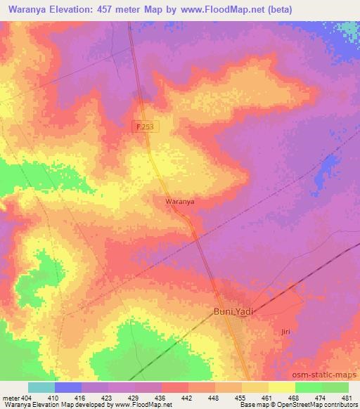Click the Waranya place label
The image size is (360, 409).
pos(179,202)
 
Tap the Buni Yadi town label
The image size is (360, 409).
pos(233,311)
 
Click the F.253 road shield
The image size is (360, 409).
pos(144,126)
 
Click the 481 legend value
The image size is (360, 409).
pos(346,398)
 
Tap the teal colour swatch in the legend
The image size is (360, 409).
pos(41,387)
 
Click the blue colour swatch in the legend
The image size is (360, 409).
pos(68,387)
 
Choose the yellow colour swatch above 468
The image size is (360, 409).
pos(282,387)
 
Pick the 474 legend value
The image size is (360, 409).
pos(320,398)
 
